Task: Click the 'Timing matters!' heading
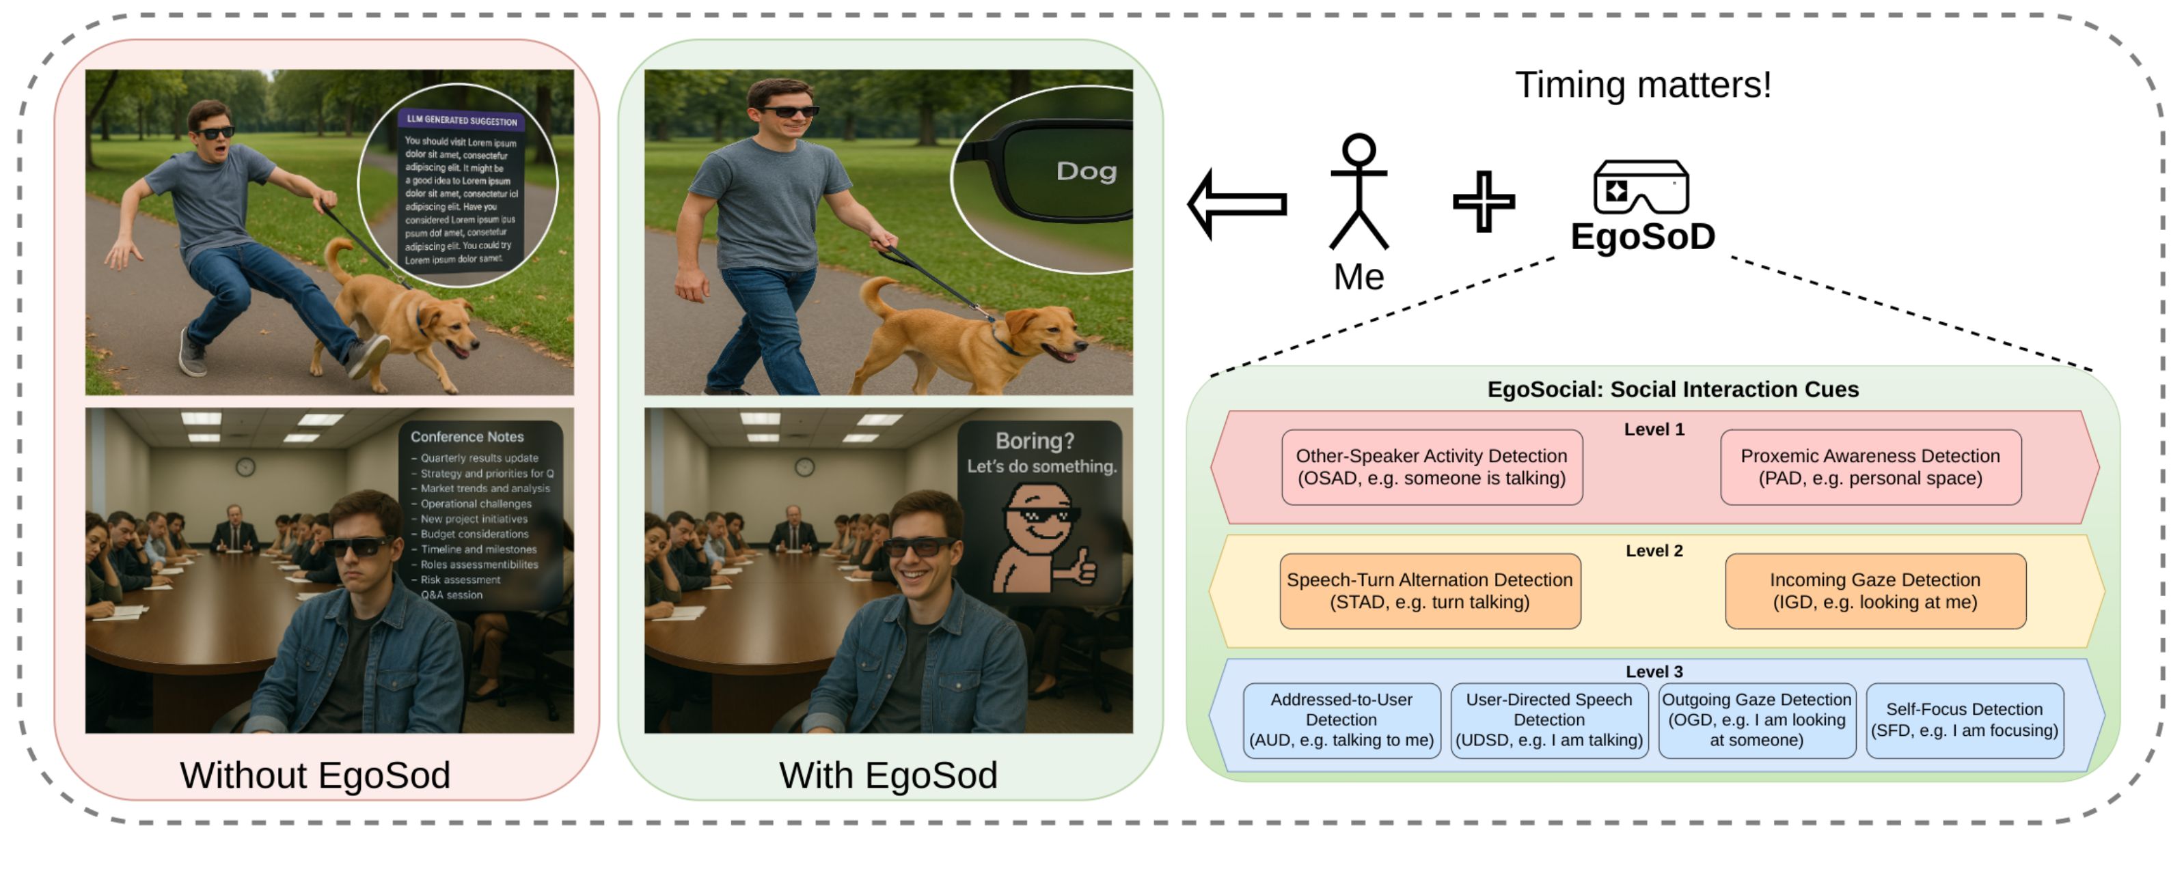point(1642,85)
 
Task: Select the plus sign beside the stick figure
point(1483,201)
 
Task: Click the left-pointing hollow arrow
point(1238,203)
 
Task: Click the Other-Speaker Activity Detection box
point(1431,467)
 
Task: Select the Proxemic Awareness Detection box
point(1870,467)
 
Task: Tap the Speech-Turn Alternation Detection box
point(1430,590)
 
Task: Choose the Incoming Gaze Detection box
point(1874,590)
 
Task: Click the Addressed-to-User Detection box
point(1341,720)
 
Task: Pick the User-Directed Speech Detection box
point(1549,720)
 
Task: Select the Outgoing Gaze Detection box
point(1756,720)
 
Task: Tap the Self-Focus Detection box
point(1963,720)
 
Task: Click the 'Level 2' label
point(1653,551)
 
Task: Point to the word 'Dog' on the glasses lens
point(1086,171)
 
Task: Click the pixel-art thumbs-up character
point(1043,537)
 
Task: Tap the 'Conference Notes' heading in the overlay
point(467,437)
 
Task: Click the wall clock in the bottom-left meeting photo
point(245,467)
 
